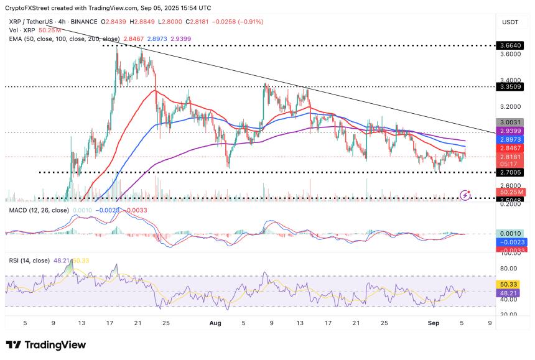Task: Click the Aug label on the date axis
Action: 215,323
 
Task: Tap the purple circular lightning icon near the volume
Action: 466,195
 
